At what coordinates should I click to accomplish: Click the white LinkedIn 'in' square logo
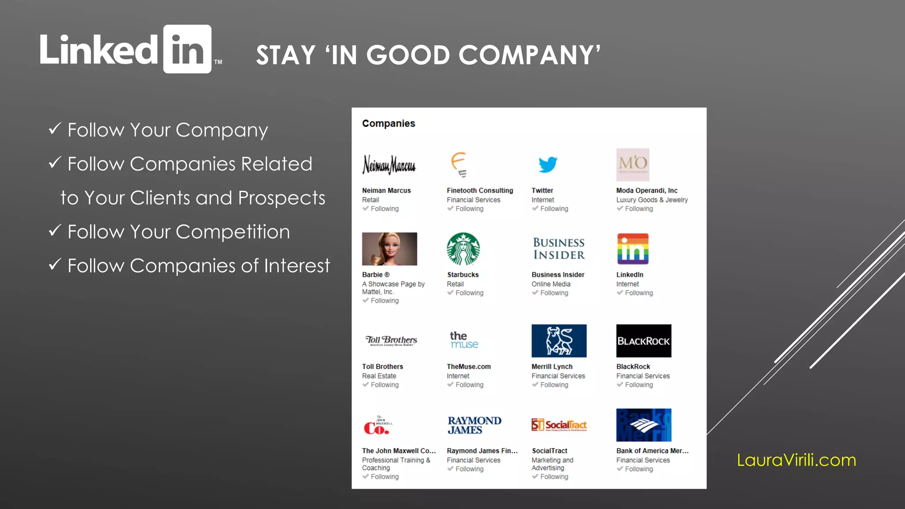[187, 49]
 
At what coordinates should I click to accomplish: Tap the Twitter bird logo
[548, 164]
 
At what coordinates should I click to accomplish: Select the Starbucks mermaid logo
[463, 249]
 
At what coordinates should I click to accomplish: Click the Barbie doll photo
[389, 249]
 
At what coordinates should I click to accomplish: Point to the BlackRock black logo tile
[643, 341]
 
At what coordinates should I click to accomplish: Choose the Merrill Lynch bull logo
[559, 341]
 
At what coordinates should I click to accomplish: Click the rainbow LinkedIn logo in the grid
[632, 249]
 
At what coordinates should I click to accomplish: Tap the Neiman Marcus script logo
[389, 164]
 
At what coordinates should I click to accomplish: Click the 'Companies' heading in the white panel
[388, 123]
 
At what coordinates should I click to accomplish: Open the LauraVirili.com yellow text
[796, 460]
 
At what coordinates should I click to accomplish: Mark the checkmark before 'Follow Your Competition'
[55, 230]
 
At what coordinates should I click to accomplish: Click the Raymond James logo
[474, 425]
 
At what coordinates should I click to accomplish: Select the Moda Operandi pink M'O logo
[632, 164]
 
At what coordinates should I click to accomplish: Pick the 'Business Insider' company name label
[558, 274]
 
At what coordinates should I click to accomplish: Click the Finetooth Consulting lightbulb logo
[459, 164]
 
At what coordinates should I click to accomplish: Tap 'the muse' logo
[464, 340]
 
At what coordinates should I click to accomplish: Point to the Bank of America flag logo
[643, 425]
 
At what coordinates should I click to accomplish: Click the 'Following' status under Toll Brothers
[384, 385]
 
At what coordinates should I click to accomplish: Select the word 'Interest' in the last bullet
[297, 266]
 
